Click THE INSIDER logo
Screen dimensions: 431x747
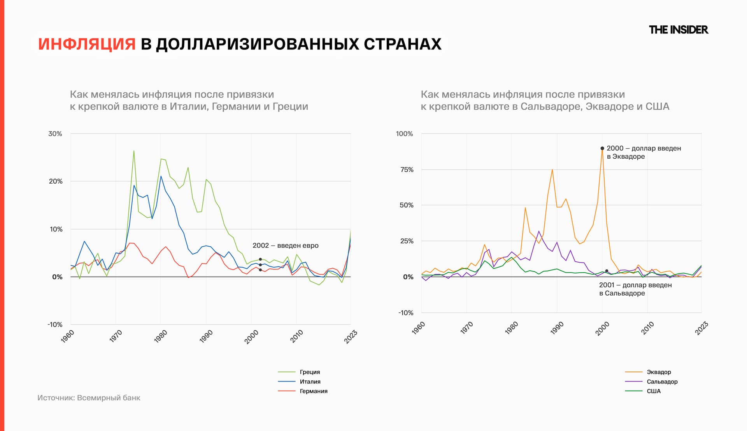pos(678,30)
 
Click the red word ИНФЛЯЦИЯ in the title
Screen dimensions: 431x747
pos(87,44)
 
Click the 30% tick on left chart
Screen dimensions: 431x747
pos(55,134)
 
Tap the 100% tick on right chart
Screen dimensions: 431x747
pos(404,134)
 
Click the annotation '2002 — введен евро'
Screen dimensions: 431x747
pos(285,245)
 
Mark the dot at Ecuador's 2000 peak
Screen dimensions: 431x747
pos(602,148)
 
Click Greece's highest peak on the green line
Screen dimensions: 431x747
pos(134,151)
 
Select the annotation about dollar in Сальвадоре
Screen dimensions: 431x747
pos(635,289)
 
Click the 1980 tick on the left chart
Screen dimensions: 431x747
pos(160,336)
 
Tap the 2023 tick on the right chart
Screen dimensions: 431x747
pos(701,328)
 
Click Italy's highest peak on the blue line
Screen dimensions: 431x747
pos(161,176)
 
